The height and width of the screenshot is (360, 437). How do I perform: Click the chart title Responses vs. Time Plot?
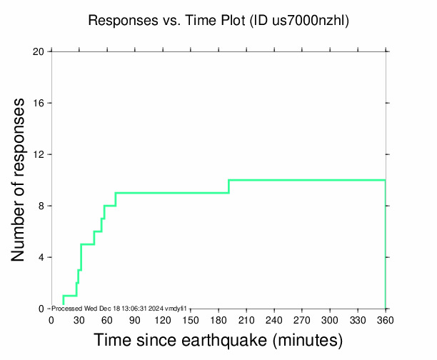tap(166, 21)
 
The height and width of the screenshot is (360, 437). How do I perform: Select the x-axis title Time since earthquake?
tap(218, 340)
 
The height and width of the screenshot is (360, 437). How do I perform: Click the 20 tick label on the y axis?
tap(39, 51)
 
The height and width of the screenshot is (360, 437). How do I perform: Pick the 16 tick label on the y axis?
tap(39, 103)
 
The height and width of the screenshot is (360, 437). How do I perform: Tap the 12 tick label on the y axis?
tap(39, 154)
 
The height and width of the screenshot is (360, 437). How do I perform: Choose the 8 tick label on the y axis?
tap(41, 206)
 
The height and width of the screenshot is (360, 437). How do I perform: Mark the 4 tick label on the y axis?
tap(41, 257)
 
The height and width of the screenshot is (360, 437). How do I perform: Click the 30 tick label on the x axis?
tap(79, 320)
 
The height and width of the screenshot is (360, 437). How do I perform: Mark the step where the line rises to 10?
tap(228, 186)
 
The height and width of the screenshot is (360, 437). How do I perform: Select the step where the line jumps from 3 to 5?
tap(81, 257)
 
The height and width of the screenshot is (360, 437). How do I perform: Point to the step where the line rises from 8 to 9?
tap(116, 199)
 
